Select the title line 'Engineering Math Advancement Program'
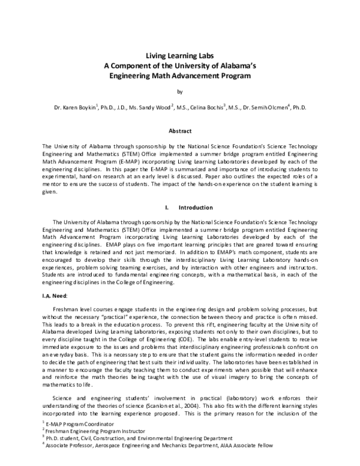(x=180, y=76)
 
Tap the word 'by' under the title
(x=179, y=92)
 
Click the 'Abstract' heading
(x=179, y=131)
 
